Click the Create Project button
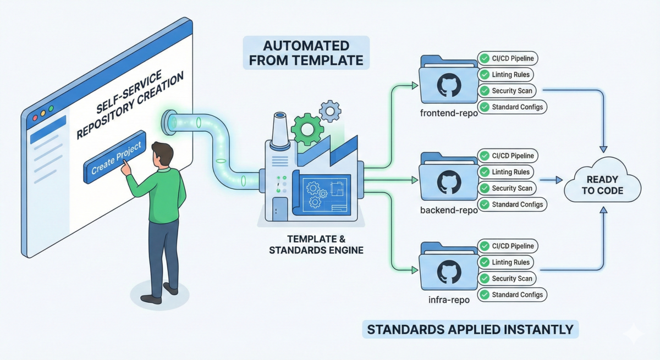click(115, 157)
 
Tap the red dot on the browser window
click(35, 118)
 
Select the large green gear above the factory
click(307, 129)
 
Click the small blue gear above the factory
click(330, 111)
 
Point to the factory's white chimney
click(280, 130)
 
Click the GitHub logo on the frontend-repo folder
click(449, 85)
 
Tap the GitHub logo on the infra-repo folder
click(449, 272)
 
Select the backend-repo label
click(449, 210)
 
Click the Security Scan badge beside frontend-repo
click(507, 91)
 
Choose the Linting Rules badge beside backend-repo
click(505, 172)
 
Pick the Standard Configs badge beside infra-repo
click(512, 295)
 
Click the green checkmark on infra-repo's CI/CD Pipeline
click(485, 246)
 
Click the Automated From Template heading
click(306, 53)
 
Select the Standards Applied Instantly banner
click(470, 329)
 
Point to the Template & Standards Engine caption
click(316, 245)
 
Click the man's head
click(162, 155)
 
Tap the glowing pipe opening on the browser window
click(168, 123)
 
